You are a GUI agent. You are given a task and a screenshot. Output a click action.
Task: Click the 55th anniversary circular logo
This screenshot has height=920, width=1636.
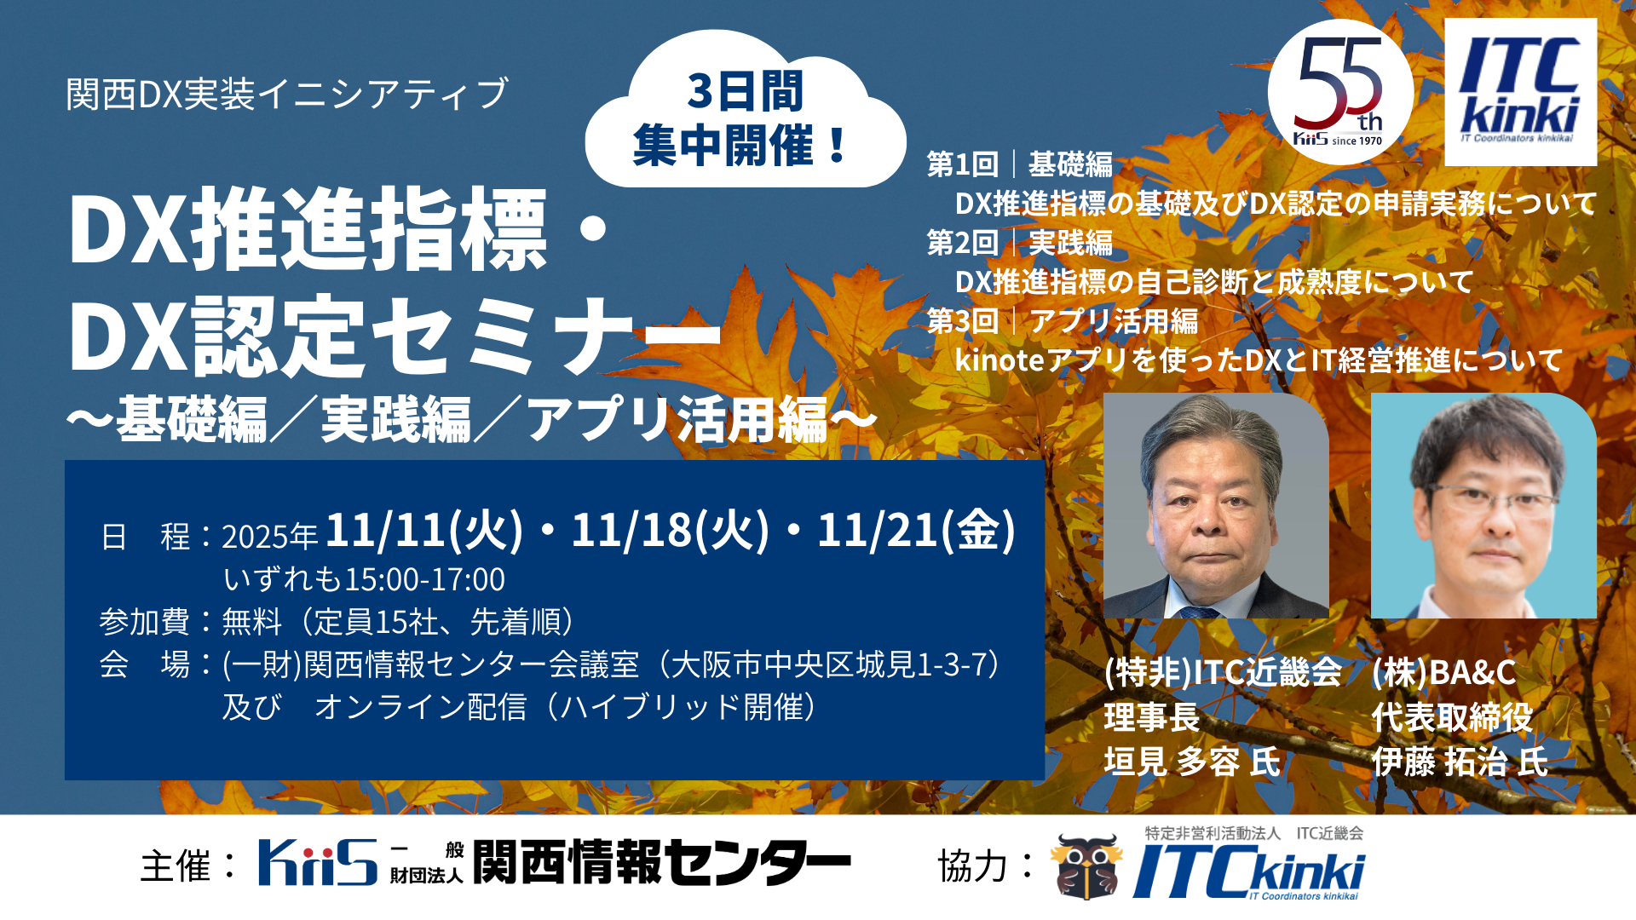click(x=1339, y=91)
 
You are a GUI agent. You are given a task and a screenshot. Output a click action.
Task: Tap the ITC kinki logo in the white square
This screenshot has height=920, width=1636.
click(x=1520, y=92)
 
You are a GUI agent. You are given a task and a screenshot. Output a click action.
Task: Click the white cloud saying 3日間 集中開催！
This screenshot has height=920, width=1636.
click(x=745, y=111)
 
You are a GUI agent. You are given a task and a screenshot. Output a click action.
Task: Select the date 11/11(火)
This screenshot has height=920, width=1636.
click(x=423, y=531)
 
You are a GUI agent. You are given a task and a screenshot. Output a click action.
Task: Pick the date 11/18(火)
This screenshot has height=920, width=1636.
click(x=670, y=531)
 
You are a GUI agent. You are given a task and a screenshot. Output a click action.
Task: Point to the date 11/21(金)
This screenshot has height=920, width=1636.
click(x=916, y=531)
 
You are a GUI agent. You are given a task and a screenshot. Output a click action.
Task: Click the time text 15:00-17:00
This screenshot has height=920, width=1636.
click(x=424, y=579)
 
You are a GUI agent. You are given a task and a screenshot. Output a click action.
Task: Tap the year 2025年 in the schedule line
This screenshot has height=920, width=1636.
click(x=269, y=537)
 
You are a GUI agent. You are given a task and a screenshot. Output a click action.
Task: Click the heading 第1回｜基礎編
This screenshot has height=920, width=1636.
click(x=1020, y=164)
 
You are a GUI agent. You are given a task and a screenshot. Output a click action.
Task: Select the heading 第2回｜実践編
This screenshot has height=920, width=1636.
click(x=1020, y=243)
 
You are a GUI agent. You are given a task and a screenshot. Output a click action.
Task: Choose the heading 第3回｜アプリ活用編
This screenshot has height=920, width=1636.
click(x=1063, y=321)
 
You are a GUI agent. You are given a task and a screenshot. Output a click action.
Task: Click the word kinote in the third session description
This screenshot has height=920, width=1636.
click(x=999, y=360)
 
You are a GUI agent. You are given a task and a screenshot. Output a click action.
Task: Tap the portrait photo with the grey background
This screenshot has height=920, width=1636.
click(x=1216, y=505)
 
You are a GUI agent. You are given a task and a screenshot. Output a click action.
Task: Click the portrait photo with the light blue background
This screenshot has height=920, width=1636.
click(x=1483, y=505)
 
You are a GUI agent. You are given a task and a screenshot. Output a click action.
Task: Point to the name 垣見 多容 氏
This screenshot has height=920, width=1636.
click(x=1192, y=762)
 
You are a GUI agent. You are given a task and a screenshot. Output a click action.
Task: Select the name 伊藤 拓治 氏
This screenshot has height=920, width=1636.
click(x=1460, y=762)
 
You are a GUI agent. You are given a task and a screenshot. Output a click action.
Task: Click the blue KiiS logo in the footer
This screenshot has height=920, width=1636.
click(x=318, y=862)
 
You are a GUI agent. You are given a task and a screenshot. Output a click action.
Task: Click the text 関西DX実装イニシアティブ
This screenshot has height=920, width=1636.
click(x=287, y=94)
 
